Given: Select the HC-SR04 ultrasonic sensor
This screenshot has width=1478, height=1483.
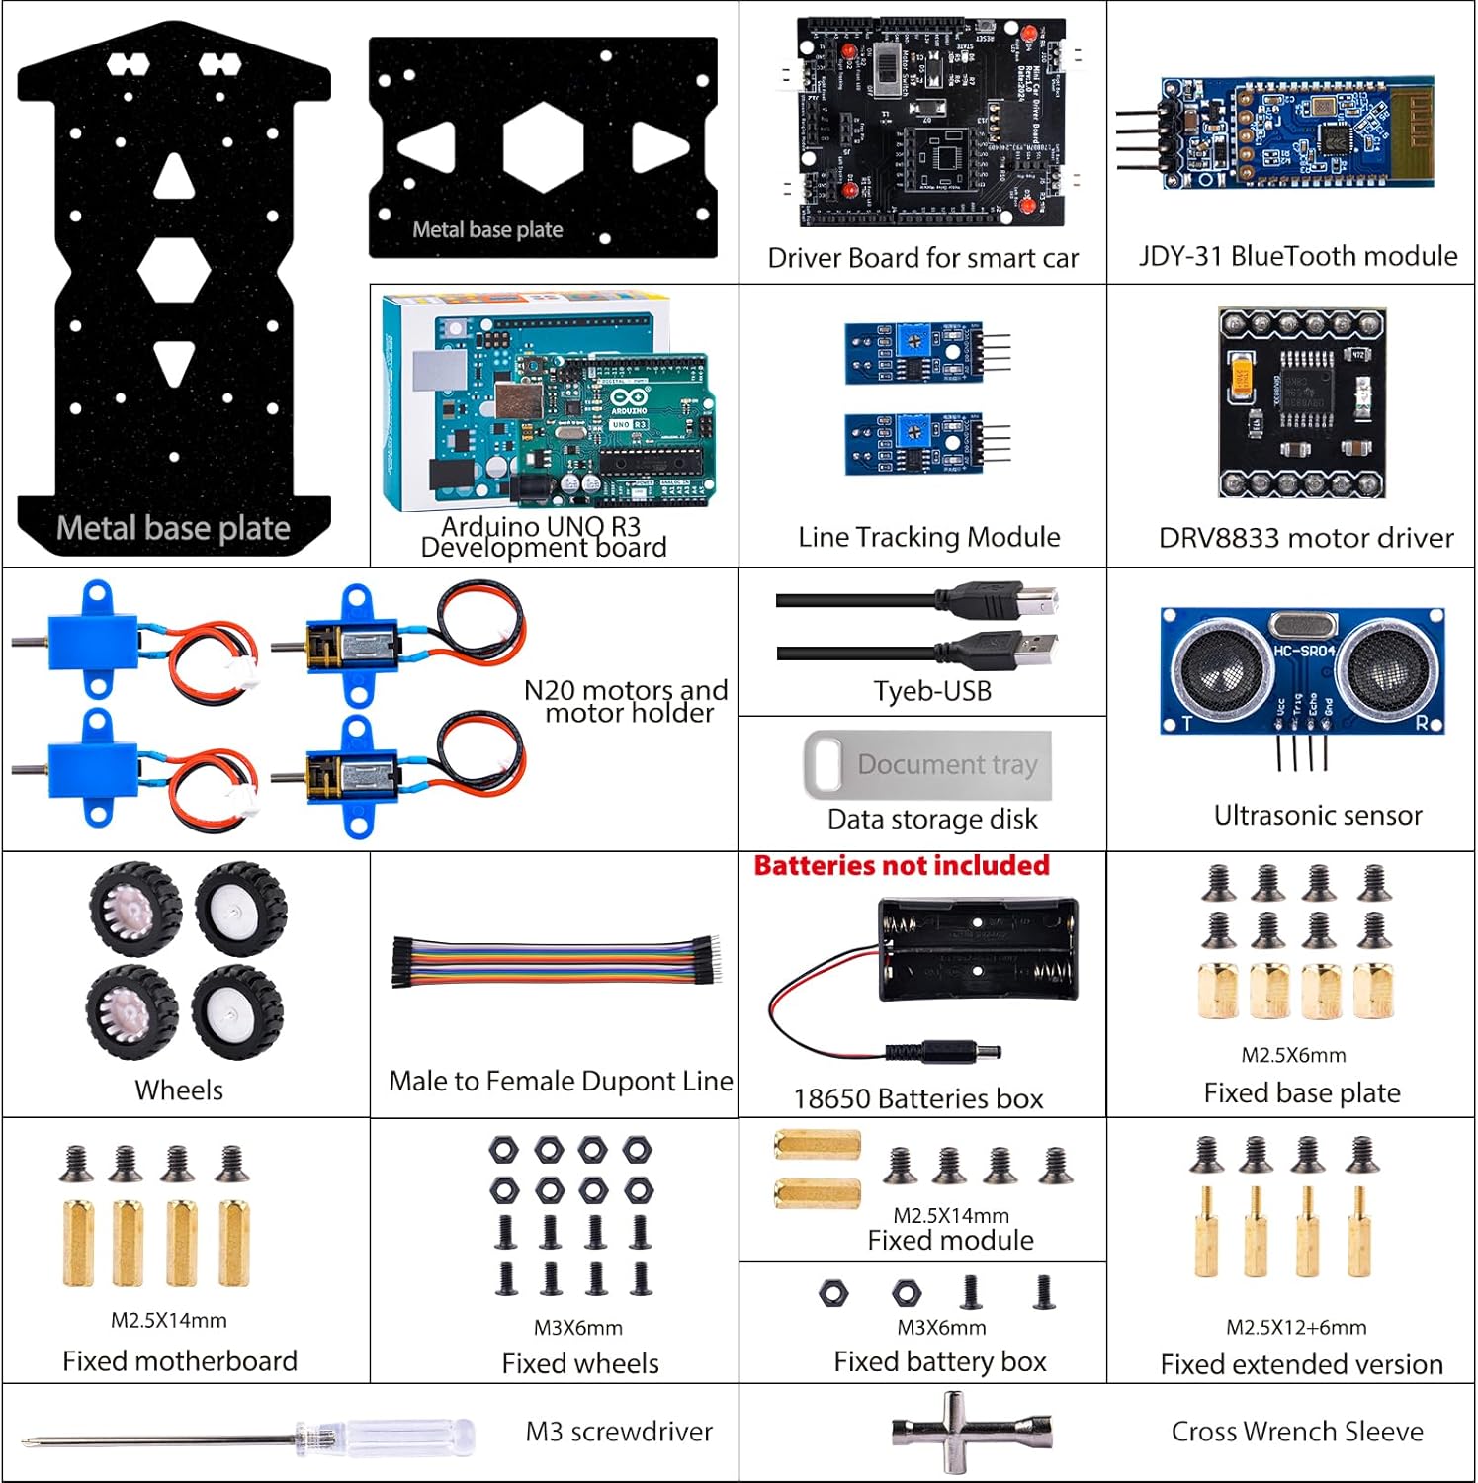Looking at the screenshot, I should pos(1302,672).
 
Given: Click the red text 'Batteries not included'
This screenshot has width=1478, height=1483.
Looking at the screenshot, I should pos(901,866).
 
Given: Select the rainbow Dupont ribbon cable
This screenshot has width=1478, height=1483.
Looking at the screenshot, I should pos(558,960).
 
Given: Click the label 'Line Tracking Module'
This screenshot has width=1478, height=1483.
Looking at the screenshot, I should pos(928,537).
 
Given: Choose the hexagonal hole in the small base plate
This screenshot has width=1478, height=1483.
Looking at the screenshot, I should pos(543,148).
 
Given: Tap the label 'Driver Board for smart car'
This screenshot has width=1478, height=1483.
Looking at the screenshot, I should pos(922,258).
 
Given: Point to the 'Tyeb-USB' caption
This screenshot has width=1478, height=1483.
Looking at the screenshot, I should pos(931,691).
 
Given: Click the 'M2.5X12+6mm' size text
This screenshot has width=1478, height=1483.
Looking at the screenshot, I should pos(1296,1327).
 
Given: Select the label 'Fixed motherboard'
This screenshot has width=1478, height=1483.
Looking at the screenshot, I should pos(179,1361).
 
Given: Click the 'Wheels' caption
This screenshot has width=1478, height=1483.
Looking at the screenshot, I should pos(179,1090).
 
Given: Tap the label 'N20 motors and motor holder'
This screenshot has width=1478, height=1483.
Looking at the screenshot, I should pos(627,701).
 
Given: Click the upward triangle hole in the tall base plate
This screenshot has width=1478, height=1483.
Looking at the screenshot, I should pos(174,178).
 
